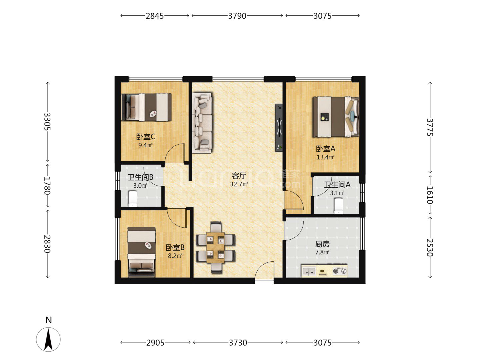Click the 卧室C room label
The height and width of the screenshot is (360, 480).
pos(145,137)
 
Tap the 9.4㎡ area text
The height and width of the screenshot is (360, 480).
pos(145,145)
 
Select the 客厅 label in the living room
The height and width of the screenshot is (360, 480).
pos(239,175)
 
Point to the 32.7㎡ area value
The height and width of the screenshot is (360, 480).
pos(239,184)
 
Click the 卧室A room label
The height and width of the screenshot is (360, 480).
pos(325,149)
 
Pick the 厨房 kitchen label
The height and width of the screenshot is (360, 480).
pos(322,244)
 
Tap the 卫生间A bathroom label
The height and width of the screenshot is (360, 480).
pos(337,185)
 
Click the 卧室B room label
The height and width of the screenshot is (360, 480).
pos(175,247)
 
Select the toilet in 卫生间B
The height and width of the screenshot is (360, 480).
pos(133,199)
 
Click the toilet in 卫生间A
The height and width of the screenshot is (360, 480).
pos(338,206)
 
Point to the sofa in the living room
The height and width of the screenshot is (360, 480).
pos(202,123)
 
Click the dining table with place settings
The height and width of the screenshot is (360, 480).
pos(215,247)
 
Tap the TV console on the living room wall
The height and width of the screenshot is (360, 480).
pos(279,128)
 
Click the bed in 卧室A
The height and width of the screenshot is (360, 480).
pos(336,117)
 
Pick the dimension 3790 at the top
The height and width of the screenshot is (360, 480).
pos(237,16)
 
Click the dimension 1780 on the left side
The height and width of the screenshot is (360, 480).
pos(47,185)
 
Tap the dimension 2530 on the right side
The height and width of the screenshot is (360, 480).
pos(430,247)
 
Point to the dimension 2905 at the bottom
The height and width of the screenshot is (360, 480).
pos(155,343)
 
